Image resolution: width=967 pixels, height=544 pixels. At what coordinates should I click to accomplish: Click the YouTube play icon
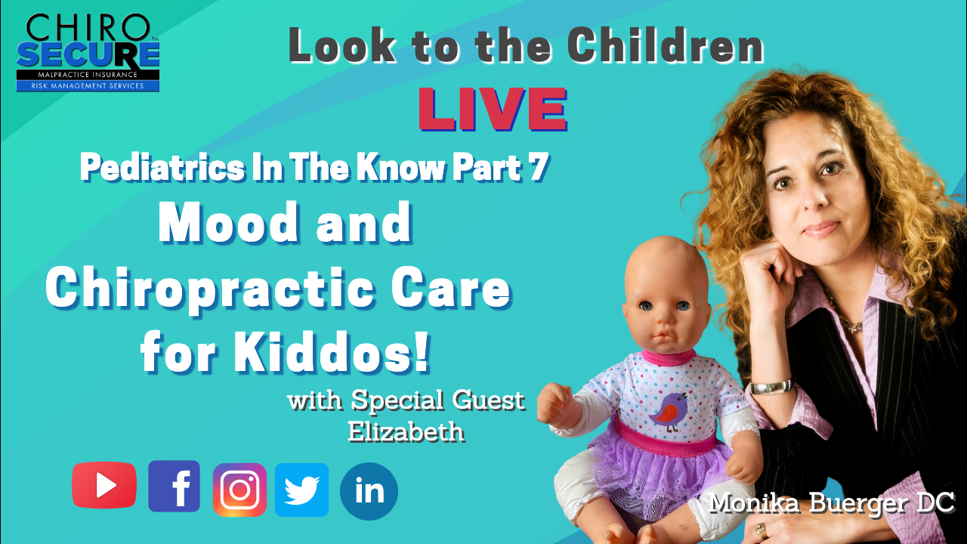click(104, 485)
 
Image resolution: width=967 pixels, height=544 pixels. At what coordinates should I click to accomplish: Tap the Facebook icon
click(174, 486)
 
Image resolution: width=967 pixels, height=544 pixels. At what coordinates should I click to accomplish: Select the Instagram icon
click(239, 490)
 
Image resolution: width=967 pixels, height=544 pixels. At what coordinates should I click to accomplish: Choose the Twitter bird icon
click(301, 490)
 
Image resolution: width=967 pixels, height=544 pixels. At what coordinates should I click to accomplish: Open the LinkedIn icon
click(369, 491)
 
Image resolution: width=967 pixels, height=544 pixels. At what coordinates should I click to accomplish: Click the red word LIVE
click(493, 109)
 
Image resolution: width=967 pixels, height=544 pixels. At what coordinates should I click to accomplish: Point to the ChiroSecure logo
click(88, 53)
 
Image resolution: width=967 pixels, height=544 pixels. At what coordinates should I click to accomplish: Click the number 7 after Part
click(539, 167)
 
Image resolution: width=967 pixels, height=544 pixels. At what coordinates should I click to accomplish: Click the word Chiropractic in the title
click(209, 288)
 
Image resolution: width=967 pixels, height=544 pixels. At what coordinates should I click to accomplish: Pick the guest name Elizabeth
click(406, 431)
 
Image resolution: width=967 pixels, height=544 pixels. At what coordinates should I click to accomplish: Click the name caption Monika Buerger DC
click(832, 503)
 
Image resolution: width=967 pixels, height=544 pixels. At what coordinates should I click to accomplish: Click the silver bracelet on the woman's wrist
click(772, 386)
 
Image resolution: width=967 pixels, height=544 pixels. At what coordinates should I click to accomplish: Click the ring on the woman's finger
click(761, 530)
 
